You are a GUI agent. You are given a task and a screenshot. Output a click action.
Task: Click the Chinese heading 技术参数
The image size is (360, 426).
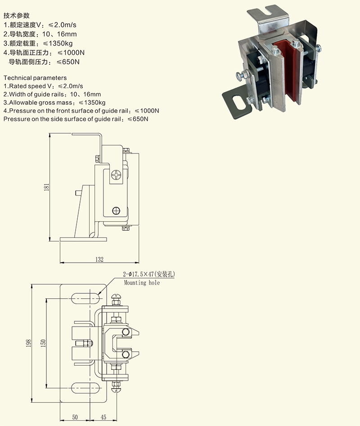pos(17,16)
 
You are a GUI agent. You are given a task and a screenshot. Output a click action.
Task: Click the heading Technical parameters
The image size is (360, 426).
pos(35,78)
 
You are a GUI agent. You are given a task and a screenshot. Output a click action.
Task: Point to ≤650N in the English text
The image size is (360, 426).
pos(138,119)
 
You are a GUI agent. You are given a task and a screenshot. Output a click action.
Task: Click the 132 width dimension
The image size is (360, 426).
pos(99,260)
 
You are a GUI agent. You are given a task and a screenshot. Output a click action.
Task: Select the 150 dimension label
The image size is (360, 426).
pos(43,343)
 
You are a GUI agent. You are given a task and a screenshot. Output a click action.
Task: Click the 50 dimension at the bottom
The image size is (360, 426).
pos(75,417)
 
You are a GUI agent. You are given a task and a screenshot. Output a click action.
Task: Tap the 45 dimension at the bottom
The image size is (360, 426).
pos(103,417)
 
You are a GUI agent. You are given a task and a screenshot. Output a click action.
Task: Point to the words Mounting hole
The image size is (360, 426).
pos(142,283)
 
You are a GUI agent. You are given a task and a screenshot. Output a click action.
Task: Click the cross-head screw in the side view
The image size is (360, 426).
pos(117,175)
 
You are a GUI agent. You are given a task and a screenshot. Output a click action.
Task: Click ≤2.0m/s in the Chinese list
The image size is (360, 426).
pos(62,25)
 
